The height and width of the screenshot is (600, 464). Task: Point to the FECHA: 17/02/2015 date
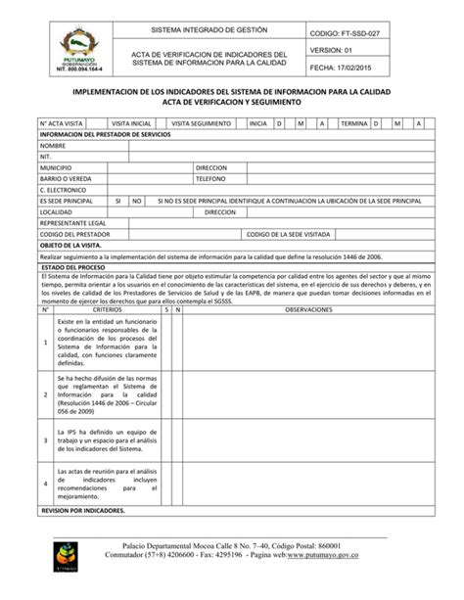coord(344,68)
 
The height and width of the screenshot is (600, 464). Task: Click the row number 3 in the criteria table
coord(45,439)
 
